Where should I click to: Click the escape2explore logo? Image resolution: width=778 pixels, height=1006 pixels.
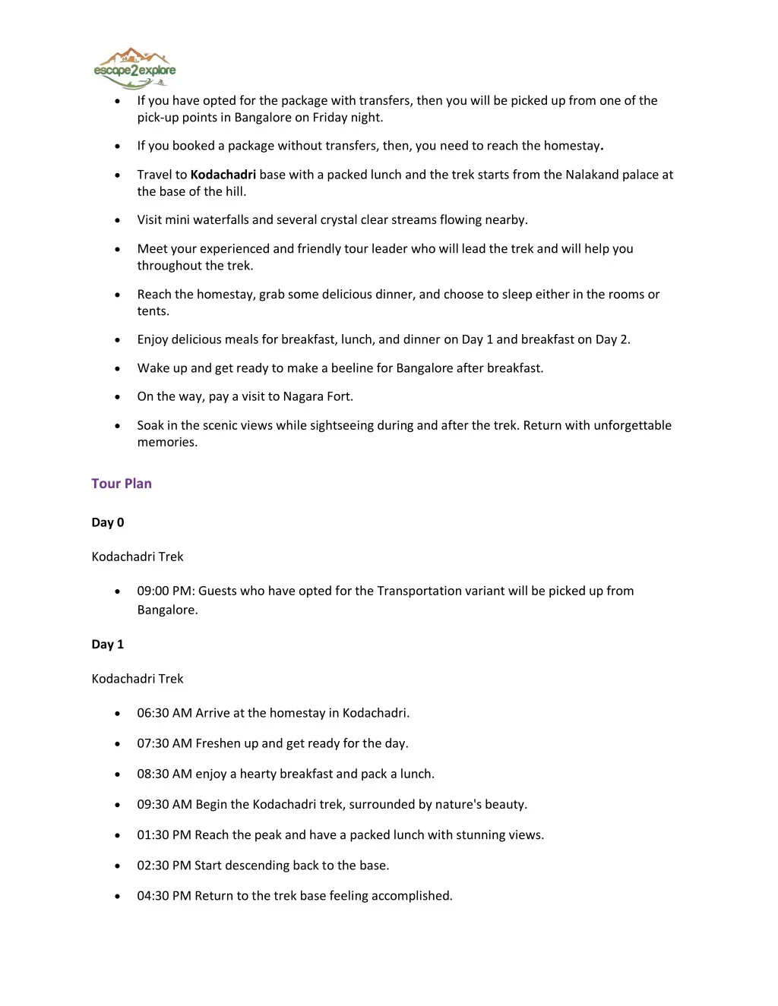click(x=134, y=68)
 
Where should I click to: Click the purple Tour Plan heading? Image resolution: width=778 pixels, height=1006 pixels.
click(x=122, y=484)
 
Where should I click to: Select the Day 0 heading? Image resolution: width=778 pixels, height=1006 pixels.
click(x=108, y=522)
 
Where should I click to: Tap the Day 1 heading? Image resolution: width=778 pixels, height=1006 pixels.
click(x=108, y=645)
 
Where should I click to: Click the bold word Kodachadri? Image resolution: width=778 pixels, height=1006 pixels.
click(x=223, y=175)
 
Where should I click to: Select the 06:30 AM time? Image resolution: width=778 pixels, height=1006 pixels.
click(x=164, y=713)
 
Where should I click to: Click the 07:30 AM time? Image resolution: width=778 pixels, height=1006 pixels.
click(x=164, y=743)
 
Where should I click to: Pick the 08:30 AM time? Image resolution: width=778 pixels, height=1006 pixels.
click(x=164, y=774)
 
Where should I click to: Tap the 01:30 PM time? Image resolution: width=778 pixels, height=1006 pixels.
click(x=163, y=834)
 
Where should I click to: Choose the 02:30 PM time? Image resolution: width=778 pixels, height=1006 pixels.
click(x=163, y=865)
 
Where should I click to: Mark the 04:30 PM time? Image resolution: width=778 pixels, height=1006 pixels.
click(x=163, y=896)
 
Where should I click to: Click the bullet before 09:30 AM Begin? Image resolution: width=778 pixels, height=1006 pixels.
click(x=117, y=805)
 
